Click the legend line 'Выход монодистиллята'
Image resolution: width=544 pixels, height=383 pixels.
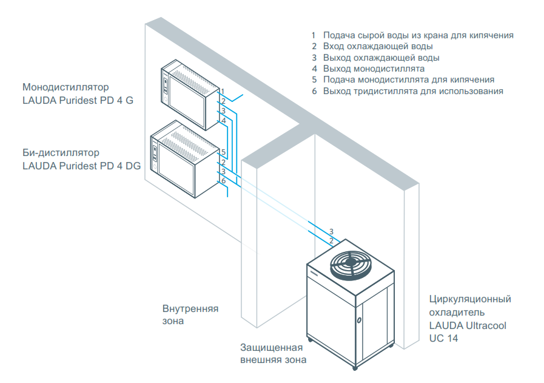(374, 69)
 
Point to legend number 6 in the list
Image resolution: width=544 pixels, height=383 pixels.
(314, 91)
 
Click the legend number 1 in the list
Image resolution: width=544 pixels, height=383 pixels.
(314, 35)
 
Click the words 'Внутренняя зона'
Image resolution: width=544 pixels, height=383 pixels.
(190, 314)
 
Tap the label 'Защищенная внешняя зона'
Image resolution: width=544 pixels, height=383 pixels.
(272, 354)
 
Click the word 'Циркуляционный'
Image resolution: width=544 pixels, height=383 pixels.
(470, 299)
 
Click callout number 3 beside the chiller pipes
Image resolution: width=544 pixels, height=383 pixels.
(331, 232)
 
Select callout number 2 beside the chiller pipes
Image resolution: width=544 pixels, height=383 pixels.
(331, 241)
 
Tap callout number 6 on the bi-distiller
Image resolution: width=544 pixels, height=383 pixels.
(223, 181)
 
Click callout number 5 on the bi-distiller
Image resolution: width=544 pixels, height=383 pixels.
(223, 152)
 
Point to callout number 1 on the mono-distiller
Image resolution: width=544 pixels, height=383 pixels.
(223, 91)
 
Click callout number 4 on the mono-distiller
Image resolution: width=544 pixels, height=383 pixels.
(223, 120)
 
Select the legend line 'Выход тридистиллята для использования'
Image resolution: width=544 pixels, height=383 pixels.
(413, 91)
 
